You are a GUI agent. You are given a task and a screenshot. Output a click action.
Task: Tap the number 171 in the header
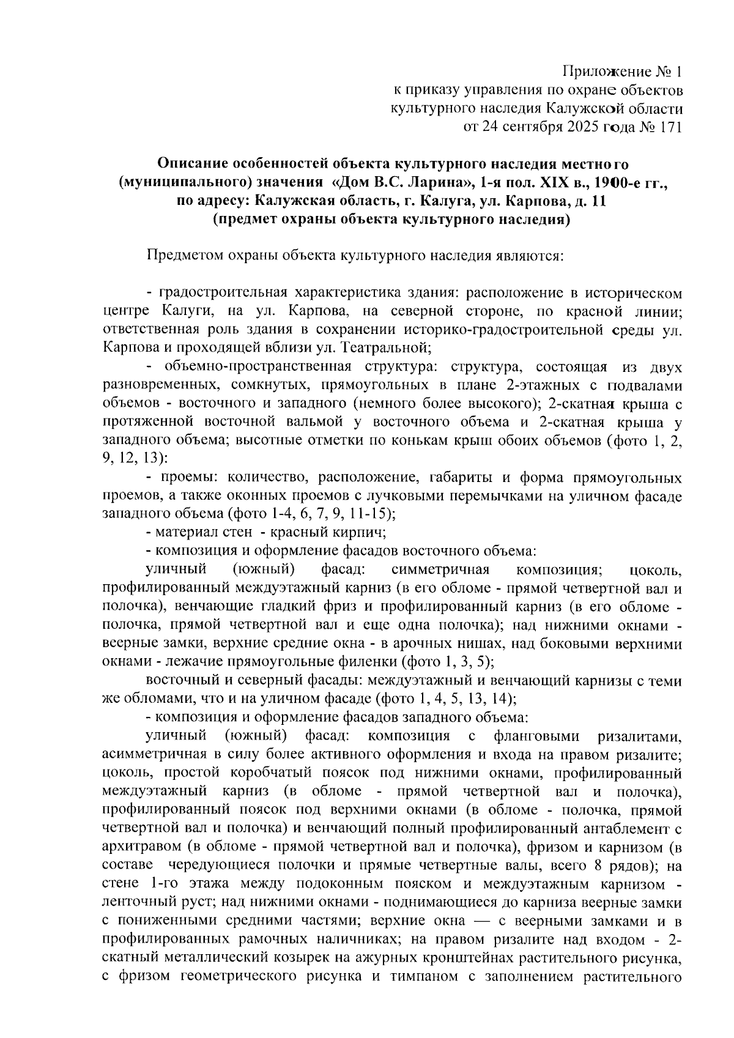pos(669,128)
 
